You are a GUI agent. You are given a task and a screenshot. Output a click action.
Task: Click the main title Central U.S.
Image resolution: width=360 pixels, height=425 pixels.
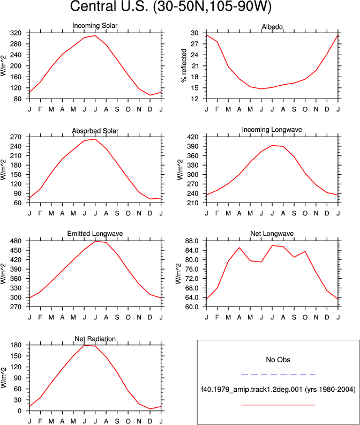(x=109, y=6)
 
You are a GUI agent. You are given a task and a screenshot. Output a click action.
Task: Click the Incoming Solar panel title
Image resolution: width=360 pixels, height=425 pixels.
(x=95, y=26)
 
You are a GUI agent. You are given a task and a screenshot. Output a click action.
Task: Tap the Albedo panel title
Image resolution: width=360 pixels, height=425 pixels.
(x=272, y=27)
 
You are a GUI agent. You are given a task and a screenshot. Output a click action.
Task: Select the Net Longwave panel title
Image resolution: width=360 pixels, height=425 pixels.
(x=272, y=233)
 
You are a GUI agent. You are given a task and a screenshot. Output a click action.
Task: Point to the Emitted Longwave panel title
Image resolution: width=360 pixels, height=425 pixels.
(x=95, y=233)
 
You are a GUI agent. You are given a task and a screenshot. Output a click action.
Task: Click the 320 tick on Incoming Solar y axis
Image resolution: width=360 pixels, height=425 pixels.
(x=16, y=33)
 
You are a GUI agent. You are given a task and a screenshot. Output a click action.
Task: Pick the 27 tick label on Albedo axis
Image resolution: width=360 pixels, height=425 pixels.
(x=194, y=44)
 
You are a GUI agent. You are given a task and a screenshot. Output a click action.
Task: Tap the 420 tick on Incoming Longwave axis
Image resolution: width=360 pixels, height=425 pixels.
(x=193, y=137)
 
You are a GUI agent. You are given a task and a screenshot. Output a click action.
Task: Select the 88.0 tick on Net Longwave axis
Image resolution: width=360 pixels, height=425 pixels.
(x=191, y=241)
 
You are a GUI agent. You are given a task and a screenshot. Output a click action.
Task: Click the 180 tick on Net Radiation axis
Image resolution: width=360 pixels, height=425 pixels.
(x=16, y=345)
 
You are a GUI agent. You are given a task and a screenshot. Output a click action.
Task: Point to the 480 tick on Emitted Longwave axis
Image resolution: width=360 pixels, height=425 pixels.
(x=16, y=241)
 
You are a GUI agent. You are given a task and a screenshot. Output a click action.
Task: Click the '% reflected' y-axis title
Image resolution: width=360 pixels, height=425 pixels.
(x=184, y=65)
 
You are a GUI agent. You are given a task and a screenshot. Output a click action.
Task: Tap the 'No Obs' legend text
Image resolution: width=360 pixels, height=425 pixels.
(x=278, y=360)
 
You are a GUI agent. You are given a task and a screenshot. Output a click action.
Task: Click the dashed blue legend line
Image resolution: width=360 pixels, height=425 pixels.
(x=278, y=375)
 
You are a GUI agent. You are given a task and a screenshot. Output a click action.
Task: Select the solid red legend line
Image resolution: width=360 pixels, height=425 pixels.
(x=278, y=405)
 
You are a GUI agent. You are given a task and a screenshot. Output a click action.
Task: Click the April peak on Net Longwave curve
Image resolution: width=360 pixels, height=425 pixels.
(x=239, y=248)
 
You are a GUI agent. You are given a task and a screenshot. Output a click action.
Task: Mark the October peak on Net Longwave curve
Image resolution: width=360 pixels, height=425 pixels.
(x=305, y=251)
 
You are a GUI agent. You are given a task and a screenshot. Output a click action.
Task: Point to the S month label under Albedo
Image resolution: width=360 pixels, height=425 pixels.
(x=294, y=109)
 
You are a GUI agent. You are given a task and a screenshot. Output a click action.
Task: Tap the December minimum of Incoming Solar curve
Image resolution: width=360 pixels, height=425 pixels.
(x=150, y=95)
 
